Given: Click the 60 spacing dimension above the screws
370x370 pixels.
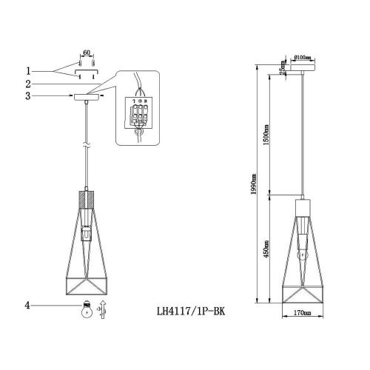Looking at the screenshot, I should coord(86,53).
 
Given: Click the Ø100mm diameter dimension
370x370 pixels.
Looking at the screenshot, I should coord(304,58).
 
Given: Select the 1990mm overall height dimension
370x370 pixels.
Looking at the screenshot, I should coord(254,181).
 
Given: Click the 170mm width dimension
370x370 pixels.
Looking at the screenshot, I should coord(302,313).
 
